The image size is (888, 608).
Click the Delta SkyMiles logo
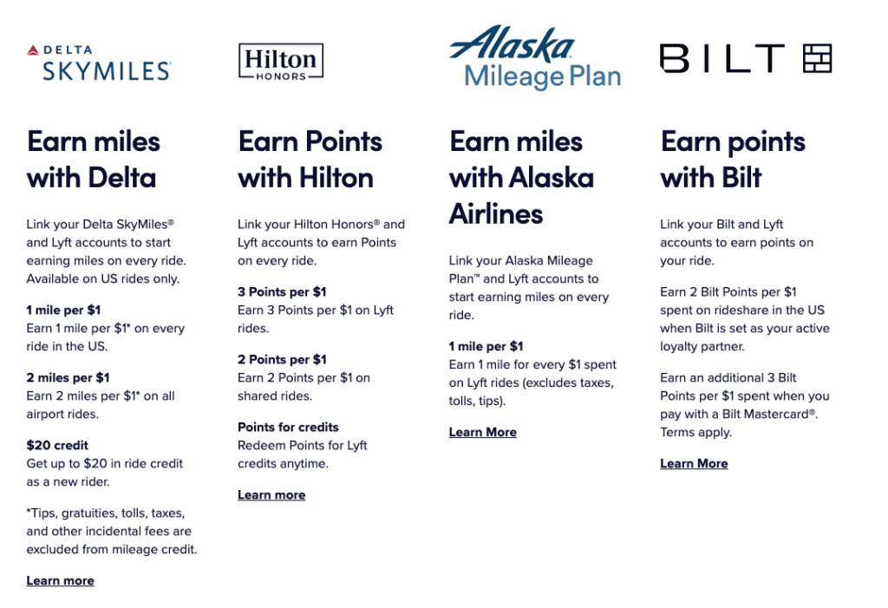100,62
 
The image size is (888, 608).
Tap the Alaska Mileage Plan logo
535,59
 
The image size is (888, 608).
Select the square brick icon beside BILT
817,58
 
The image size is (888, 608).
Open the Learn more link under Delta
60,581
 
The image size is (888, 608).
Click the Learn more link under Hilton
271,495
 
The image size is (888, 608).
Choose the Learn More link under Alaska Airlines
482,433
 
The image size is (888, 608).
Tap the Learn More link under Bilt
694,464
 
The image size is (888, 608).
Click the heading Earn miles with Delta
94,160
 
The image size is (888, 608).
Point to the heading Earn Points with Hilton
310,160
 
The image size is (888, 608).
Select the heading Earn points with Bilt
733,160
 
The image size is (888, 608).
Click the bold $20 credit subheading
57,446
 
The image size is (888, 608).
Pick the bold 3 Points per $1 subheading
282,292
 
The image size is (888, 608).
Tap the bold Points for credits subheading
288,428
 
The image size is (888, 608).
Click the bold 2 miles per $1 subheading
68,378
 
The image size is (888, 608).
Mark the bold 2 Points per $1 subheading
282,360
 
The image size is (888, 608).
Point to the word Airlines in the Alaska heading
496,213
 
